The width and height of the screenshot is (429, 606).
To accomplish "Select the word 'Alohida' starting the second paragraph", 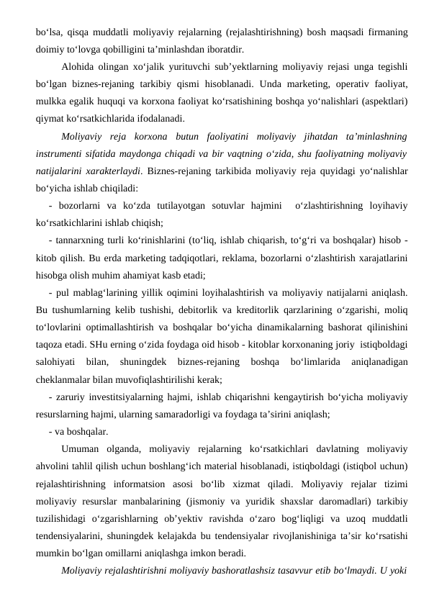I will (81, 68).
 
